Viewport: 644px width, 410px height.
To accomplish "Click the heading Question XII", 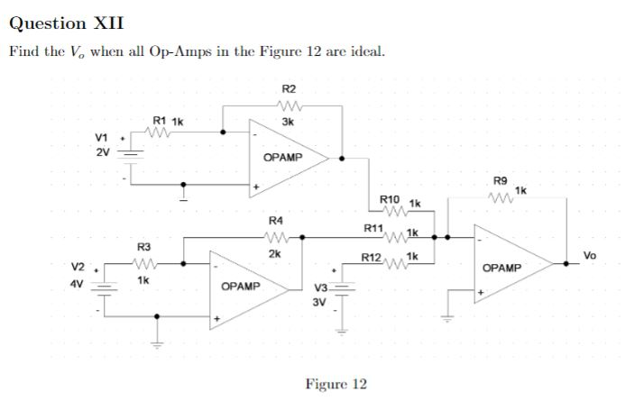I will point(67,23).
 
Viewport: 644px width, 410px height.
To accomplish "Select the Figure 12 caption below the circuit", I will point(336,385).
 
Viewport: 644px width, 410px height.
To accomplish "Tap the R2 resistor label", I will point(288,89).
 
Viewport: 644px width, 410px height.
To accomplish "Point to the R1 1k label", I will point(168,121).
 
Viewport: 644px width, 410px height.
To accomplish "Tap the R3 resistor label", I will point(143,246).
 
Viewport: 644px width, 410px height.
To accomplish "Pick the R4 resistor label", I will point(276,221).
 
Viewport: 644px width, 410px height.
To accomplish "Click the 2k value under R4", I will point(275,254).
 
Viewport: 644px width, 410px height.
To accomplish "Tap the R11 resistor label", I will point(372,228).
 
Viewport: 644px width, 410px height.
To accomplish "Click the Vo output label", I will point(590,256).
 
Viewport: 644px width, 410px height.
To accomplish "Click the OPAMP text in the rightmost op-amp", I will point(501,269).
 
